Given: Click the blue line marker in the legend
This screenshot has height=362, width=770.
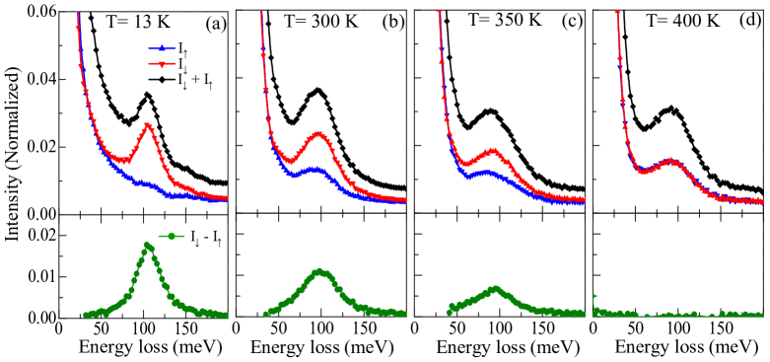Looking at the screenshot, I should (162, 48).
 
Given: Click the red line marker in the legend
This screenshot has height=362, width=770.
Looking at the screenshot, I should (162, 64).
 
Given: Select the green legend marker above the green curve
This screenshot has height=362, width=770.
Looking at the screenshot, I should (172, 236).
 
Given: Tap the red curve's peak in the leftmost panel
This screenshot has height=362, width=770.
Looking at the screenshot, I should (148, 125).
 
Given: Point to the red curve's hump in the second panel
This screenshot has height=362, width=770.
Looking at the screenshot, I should (318, 133).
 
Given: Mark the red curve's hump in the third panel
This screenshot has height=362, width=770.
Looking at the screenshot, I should (493, 151).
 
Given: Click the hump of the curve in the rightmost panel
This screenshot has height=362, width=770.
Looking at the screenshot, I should (670, 160).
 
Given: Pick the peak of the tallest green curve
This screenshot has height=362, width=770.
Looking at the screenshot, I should (147, 245).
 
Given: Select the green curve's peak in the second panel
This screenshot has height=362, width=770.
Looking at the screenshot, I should (319, 270).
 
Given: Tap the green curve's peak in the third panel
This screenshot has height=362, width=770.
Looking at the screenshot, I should (495, 289).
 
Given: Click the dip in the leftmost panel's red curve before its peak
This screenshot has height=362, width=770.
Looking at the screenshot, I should (124, 160).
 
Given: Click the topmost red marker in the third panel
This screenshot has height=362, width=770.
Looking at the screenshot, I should (439, 13).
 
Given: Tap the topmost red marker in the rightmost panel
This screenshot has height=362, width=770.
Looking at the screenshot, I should (617, 13).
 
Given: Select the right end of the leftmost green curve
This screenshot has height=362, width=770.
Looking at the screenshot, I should (226, 316).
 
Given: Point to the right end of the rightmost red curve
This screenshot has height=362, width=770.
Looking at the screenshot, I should (761, 201).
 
